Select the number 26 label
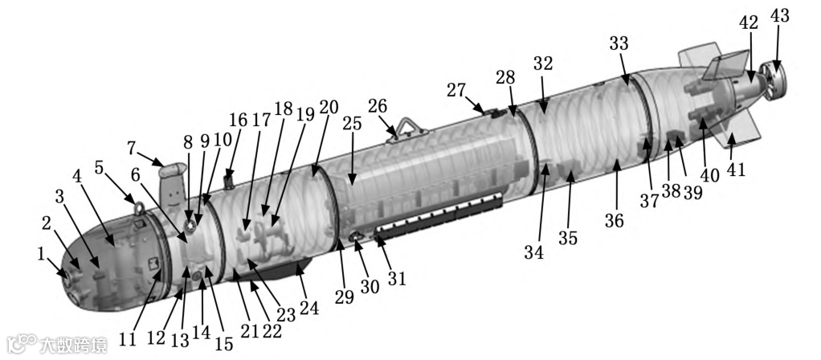click(x=378, y=106)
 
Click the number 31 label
click(x=397, y=278)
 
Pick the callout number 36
click(x=614, y=221)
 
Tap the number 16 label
click(x=238, y=121)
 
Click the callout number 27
click(x=456, y=89)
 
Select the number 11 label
click(x=127, y=340)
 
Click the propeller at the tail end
click(x=772, y=84)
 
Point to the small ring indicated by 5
click(x=138, y=208)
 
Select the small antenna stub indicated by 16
click(x=227, y=179)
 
